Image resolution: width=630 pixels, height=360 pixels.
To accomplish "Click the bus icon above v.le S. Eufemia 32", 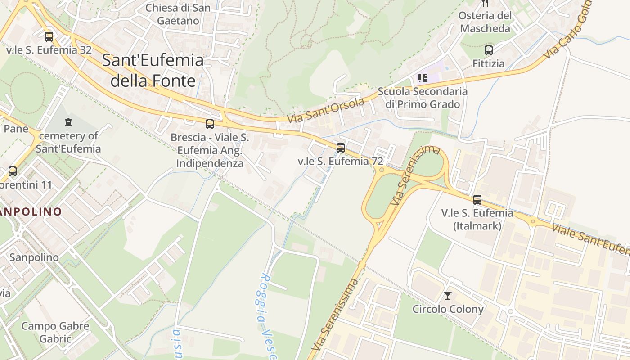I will coord(49,37).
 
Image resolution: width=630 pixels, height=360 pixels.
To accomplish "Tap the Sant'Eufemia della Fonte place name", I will coord(153,71).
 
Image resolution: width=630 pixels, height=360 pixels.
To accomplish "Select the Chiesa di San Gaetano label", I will coord(178,14).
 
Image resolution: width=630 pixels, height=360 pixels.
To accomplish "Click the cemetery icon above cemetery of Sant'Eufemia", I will coord(68,122).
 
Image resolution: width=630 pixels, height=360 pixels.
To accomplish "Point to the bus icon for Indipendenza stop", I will coord(210,124).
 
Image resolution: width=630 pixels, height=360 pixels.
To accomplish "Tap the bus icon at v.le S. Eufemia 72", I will coord(341,148).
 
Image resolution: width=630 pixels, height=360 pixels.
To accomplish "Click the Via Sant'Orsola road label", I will coord(325,111).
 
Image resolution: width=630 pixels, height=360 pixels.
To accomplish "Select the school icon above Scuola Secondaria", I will coord(422,78).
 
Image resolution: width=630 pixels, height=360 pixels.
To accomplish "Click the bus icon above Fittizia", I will coord(489,50).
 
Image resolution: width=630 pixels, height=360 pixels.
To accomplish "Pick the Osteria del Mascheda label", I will coord(485,22).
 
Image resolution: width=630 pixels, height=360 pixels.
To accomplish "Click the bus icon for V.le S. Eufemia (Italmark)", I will coord(477,199).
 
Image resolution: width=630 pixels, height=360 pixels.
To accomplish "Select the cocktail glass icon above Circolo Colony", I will coord(448,296).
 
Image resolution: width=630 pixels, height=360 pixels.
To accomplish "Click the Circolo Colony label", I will coord(448,309).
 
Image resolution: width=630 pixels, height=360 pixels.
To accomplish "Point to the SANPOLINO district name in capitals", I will coord(31,211).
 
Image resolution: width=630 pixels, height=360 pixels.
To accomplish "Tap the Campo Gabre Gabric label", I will coord(55,332).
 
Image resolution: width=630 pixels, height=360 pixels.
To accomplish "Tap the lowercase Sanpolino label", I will coord(34,257).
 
